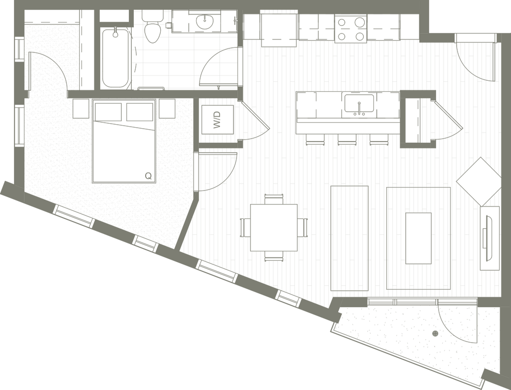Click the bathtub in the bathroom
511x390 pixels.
point(116,57)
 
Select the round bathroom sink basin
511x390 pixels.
point(204,21)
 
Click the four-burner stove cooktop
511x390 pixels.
point(351,29)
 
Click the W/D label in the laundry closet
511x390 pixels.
point(217,120)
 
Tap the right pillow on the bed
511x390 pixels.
point(139,112)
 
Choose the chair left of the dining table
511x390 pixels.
point(245,227)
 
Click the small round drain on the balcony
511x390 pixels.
point(435,332)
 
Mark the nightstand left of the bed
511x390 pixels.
point(81,109)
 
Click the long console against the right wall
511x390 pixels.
point(491,237)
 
